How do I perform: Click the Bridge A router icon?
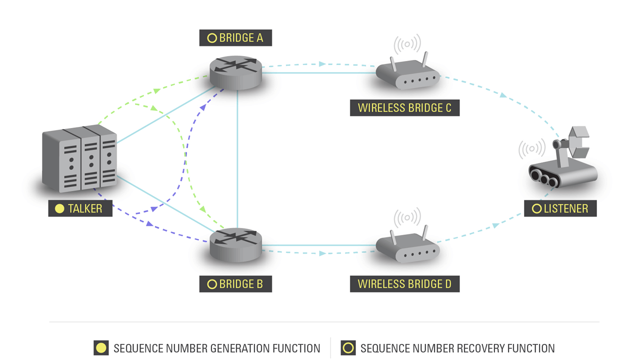point(235,72)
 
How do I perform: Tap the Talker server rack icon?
point(80,159)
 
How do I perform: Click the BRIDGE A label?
point(235,38)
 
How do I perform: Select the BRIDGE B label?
point(235,284)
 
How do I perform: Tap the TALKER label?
point(80,208)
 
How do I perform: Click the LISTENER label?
point(560,208)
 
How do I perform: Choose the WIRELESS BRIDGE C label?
point(404,108)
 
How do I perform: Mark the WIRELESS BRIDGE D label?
point(404,284)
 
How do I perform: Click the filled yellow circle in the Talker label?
point(59,208)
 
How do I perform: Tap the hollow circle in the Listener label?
point(536,208)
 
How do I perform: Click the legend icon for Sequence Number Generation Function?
point(101,348)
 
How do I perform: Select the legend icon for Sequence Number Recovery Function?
point(348,348)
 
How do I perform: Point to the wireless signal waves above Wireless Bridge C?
point(407,44)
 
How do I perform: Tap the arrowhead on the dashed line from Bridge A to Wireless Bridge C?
point(322,64)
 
